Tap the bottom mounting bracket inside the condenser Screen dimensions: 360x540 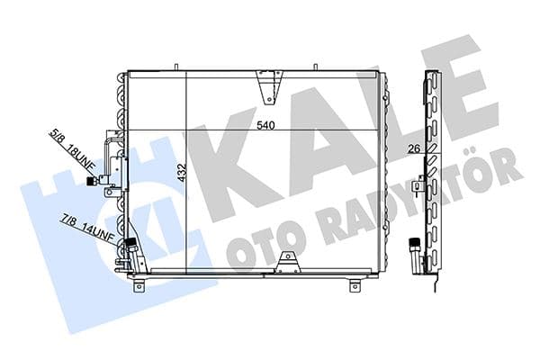[287, 260]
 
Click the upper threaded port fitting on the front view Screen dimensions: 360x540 [92, 181]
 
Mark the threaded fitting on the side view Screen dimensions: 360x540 [414, 244]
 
